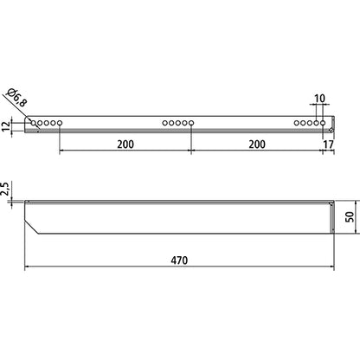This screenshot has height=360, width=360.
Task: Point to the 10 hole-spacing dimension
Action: click(x=321, y=100)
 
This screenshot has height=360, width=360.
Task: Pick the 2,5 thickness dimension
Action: click(x=7, y=190)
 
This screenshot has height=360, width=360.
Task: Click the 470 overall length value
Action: click(x=179, y=259)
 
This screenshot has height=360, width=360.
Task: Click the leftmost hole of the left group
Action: click(x=34, y=125)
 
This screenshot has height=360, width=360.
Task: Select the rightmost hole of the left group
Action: click(x=59, y=125)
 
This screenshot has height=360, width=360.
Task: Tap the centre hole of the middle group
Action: click(x=179, y=125)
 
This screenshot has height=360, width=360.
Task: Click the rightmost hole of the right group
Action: click(x=325, y=125)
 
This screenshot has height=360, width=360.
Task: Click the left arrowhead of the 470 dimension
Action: click(x=28, y=267)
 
